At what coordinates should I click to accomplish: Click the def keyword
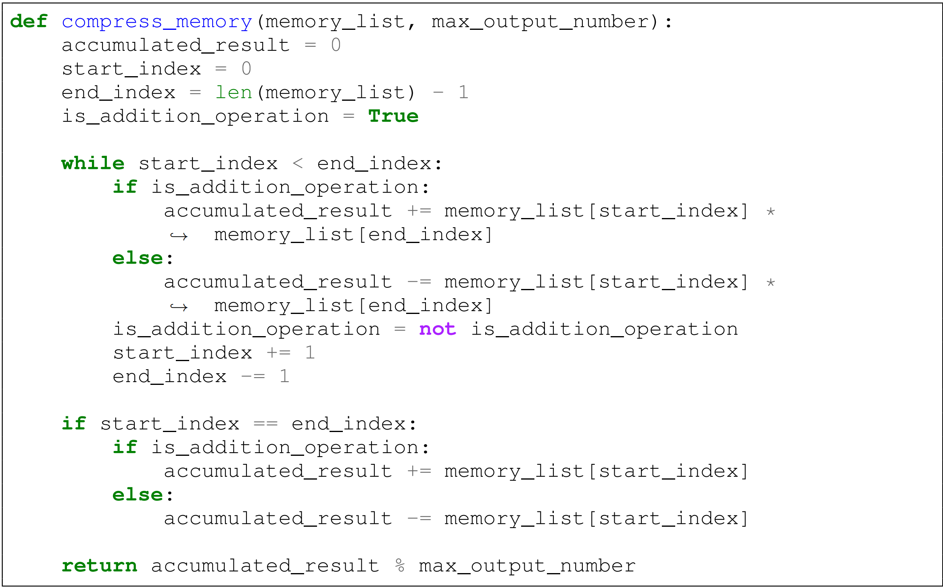click(29, 21)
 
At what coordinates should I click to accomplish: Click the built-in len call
click(234, 93)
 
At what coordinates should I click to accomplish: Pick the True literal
click(393, 116)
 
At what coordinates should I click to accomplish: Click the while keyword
click(93, 164)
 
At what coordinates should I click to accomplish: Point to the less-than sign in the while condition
click(298, 164)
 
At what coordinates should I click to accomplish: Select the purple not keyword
click(438, 329)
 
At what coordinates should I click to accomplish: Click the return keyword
click(99, 566)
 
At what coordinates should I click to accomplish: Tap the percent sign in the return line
click(400, 565)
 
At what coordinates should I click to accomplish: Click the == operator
click(265, 424)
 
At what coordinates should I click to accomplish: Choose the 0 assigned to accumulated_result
click(336, 45)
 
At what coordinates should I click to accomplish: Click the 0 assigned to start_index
click(246, 69)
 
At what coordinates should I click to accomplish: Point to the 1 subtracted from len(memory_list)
click(463, 93)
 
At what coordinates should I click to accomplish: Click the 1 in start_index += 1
click(310, 353)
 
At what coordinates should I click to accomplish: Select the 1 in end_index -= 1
click(284, 376)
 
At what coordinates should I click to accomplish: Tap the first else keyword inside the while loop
click(138, 258)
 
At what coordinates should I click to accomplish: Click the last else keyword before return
click(138, 495)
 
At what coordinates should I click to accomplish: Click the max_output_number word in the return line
click(527, 566)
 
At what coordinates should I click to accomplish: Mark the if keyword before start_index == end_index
click(74, 424)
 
